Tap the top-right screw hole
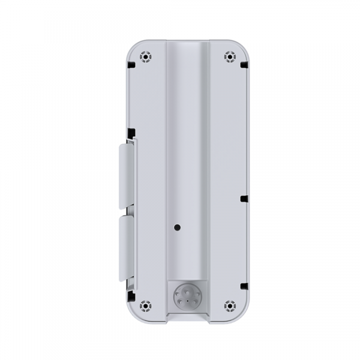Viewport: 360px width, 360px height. pos(229,57)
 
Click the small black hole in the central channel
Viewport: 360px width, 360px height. pos(177,228)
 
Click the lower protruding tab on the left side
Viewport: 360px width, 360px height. pos(127,247)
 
